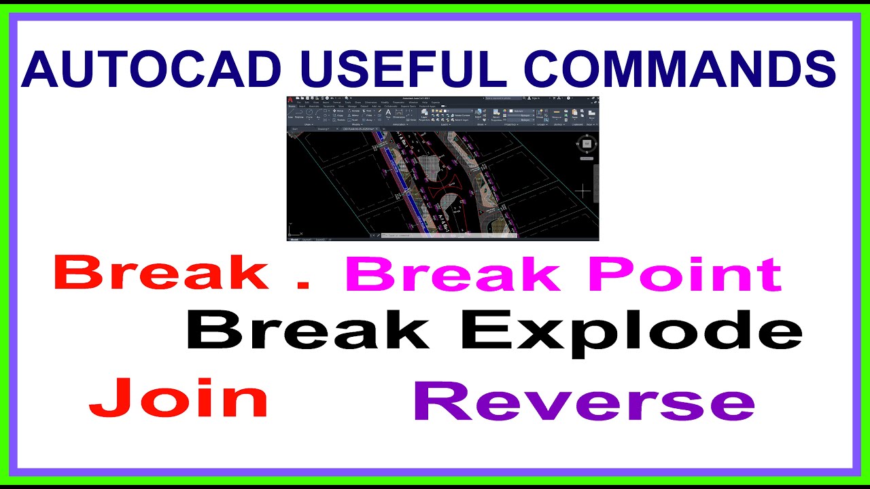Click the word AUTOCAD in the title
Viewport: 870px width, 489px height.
coord(150,70)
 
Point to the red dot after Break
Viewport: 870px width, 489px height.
coord(304,286)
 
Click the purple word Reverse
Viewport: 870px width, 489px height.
coord(584,402)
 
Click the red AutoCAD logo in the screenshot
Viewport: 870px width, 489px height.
coord(291,99)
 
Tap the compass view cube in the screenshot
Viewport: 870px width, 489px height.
coord(586,143)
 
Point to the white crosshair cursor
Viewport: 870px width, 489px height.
coord(582,191)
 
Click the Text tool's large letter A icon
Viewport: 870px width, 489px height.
coord(388,113)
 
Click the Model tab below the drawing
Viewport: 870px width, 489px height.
coord(294,240)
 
